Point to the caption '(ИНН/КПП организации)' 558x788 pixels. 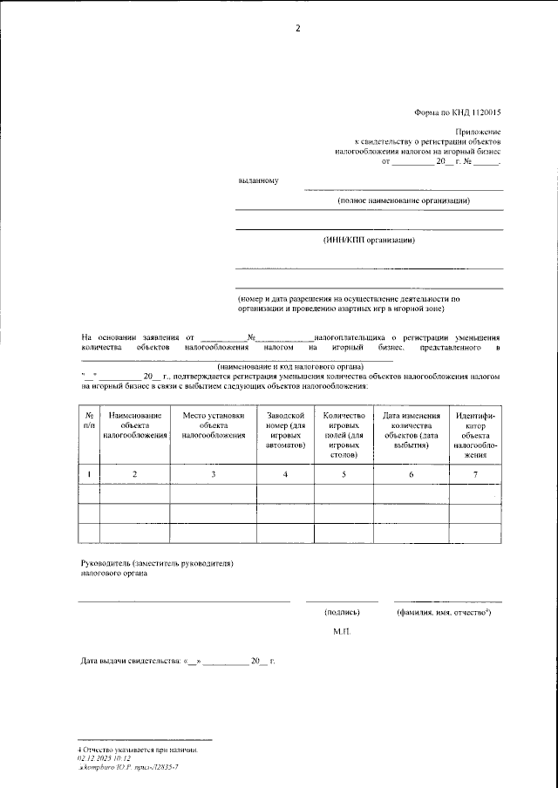click(369, 240)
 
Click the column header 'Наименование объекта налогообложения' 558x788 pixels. click(135, 425)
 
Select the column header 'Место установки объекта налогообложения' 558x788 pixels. click(214, 425)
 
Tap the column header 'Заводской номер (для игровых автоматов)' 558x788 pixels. click(285, 429)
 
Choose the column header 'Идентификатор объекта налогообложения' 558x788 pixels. click(474, 434)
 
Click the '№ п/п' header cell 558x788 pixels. click(90, 420)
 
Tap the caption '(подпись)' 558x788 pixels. click(342, 613)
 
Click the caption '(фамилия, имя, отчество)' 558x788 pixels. click(443, 613)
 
